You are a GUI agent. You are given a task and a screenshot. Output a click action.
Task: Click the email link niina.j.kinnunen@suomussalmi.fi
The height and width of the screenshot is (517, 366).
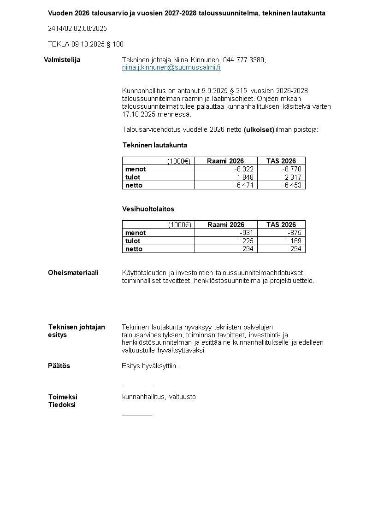pyautogui.click(x=171, y=67)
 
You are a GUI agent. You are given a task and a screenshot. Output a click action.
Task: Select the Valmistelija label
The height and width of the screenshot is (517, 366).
pyautogui.click(x=62, y=59)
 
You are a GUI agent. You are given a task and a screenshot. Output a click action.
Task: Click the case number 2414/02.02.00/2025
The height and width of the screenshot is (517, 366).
pyautogui.click(x=77, y=29)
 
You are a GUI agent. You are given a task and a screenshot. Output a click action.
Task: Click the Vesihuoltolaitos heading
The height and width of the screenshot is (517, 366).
pyautogui.click(x=148, y=209)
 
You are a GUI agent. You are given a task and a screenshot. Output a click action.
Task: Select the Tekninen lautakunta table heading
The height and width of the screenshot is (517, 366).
pyautogui.click(x=154, y=145)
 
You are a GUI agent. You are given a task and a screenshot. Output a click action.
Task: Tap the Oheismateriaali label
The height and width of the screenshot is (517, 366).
pyautogui.click(x=73, y=273)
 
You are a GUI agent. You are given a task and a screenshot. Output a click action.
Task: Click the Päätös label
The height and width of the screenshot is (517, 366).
pyautogui.click(x=59, y=366)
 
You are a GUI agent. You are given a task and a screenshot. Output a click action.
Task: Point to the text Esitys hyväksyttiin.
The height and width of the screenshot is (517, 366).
pyautogui.click(x=149, y=366)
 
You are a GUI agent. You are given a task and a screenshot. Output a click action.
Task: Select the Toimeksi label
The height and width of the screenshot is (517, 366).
pyautogui.click(x=63, y=397)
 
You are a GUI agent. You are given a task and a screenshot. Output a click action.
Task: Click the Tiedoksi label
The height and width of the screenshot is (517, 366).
pyautogui.click(x=62, y=405)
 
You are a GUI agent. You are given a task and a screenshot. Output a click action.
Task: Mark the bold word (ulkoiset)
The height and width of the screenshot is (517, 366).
pyautogui.click(x=259, y=129)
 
